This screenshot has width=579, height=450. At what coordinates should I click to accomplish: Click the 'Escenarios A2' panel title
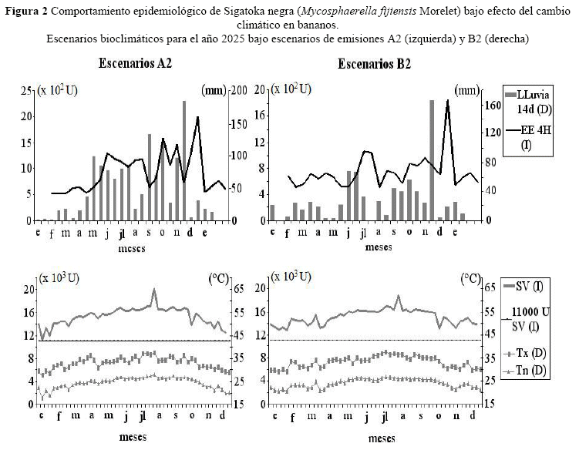tap(135, 63)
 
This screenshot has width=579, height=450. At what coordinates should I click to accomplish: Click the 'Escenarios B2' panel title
tap(374, 64)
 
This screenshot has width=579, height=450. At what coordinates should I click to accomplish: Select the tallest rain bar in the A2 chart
tap(184, 160)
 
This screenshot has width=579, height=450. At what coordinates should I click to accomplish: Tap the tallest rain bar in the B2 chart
tap(432, 160)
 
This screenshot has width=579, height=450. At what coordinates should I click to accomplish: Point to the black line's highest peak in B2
tap(447, 99)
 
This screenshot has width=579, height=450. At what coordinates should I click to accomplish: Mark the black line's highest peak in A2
tap(197, 117)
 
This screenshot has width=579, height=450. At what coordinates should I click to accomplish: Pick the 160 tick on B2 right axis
tap(493, 106)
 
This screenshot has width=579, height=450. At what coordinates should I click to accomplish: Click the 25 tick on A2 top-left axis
tap(26, 90)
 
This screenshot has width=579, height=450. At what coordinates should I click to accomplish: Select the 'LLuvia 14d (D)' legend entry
tap(527, 102)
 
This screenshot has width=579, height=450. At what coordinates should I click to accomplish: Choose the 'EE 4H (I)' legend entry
tap(528, 137)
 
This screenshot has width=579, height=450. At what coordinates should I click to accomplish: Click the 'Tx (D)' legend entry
tap(525, 353)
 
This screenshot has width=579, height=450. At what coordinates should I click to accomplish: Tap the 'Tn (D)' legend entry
tap(525, 371)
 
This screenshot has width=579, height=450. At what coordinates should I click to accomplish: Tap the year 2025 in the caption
tap(234, 39)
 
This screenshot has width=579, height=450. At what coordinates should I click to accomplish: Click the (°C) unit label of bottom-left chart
tap(219, 278)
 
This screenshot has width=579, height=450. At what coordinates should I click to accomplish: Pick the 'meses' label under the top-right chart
tap(379, 247)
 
